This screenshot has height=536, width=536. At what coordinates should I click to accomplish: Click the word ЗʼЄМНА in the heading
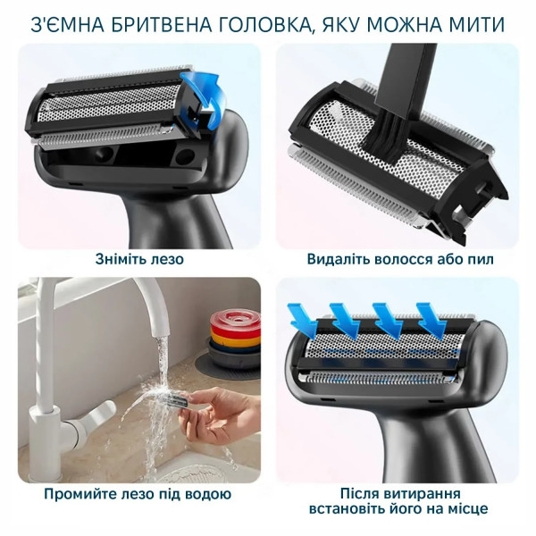[62, 22]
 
